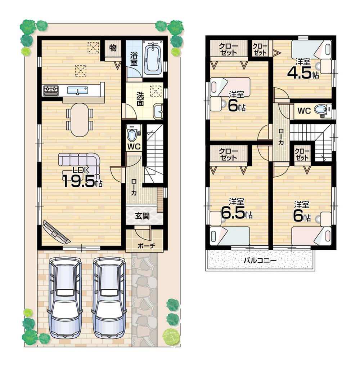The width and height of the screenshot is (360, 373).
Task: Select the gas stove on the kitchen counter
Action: click(x=51, y=90)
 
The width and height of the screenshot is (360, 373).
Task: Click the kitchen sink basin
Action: click(x=77, y=90)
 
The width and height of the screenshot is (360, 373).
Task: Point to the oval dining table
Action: click(x=80, y=120)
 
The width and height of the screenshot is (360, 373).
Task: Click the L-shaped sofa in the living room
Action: click(x=80, y=161)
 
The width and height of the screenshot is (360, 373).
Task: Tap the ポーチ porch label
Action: click(x=146, y=245)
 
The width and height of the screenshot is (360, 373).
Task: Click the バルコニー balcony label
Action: click(x=260, y=259)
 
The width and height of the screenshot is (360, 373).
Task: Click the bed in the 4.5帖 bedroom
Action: click(x=311, y=49)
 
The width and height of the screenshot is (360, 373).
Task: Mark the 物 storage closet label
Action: click(x=113, y=48)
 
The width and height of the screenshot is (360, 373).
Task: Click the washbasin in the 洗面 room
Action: click(x=158, y=111)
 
